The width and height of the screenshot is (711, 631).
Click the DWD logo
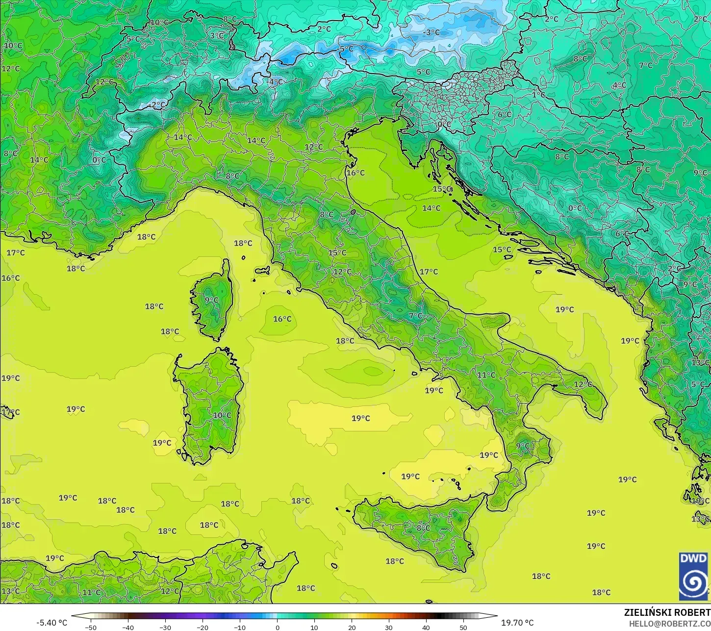click(693, 576)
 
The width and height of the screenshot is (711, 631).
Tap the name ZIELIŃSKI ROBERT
click(667, 612)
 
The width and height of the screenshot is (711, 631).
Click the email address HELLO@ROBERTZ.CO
click(670, 623)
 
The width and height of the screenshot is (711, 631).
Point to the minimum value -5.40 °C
click(52, 623)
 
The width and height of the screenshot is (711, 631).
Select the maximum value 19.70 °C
click(517, 623)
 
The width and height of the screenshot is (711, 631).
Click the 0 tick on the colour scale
click(277, 627)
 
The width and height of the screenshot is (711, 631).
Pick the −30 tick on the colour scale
click(165, 627)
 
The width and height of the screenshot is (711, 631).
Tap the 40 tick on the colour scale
click(426, 627)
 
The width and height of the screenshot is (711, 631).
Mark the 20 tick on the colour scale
click(352, 627)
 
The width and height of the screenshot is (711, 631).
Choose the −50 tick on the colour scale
click(91, 627)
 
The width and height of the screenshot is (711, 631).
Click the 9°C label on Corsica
click(212, 300)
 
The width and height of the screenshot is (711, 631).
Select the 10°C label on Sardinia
click(222, 415)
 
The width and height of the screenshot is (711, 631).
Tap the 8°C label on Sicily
click(423, 528)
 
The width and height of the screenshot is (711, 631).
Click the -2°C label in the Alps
click(158, 105)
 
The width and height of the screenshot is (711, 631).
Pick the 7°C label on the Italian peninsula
click(415, 316)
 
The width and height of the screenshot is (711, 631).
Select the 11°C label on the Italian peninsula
click(486, 375)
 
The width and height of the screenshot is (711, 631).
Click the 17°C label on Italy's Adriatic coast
click(429, 272)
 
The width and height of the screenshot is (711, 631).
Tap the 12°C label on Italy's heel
click(583, 384)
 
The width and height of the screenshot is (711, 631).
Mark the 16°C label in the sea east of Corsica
click(282, 319)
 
